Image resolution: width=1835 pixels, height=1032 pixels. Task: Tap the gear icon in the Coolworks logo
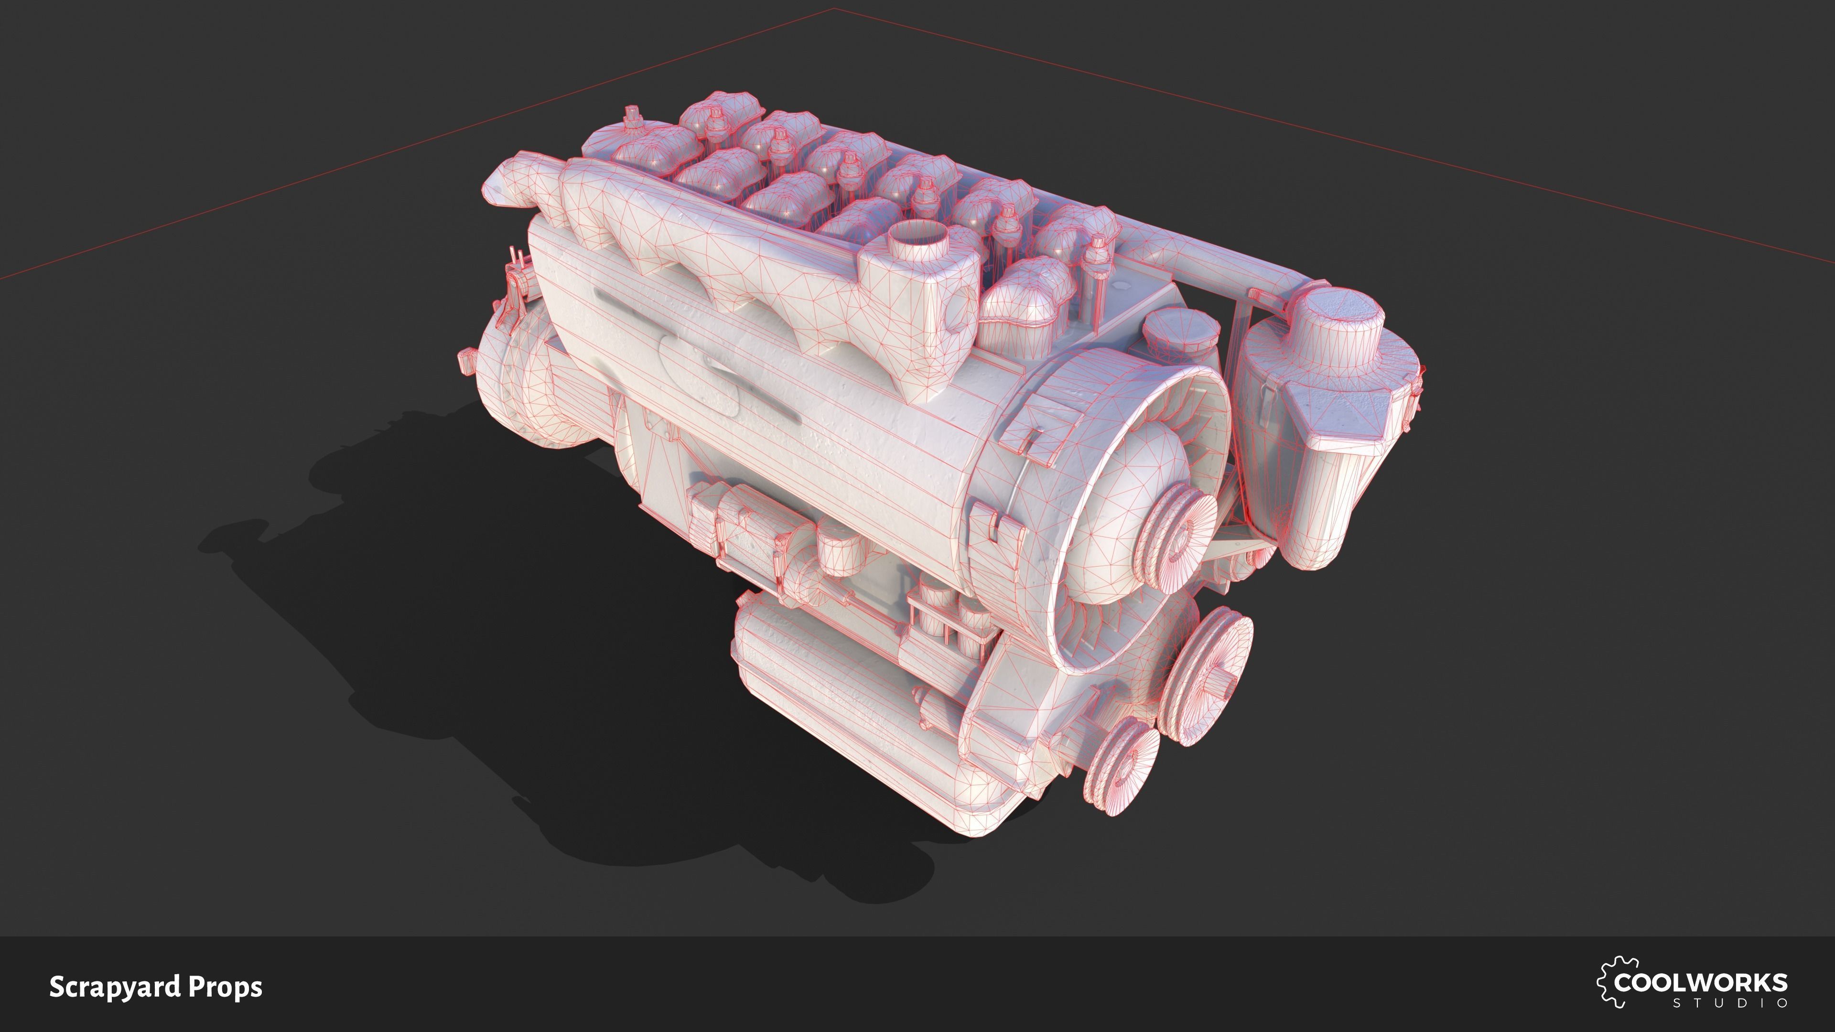(1604, 982)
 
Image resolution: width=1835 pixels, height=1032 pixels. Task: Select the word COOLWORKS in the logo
(1701, 983)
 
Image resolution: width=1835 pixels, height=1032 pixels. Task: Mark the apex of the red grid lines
(834, 9)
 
